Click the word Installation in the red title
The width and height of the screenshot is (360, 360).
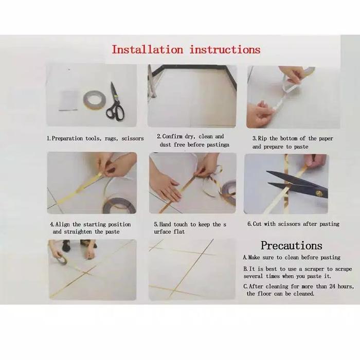[x=148, y=49]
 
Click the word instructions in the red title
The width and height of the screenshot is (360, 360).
[x=225, y=49]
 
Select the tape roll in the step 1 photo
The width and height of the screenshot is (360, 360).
[x=94, y=100]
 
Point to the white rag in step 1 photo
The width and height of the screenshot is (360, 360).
[x=68, y=101]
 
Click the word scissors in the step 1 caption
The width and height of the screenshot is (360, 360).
[x=133, y=138]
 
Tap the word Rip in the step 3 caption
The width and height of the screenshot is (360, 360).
[x=262, y=138]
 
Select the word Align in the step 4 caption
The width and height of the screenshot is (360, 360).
[x=62, y=225]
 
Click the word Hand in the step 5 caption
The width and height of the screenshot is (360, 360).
[x=165, y=224]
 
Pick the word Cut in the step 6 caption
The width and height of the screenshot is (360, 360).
[x=257, y=224]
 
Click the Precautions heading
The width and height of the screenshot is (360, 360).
[x=292, y=245]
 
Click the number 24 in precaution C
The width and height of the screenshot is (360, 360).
[x=332, y=286]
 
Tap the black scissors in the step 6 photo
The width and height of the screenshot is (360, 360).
[x=298, y=184]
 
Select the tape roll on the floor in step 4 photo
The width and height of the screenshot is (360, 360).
[x=119, y=205]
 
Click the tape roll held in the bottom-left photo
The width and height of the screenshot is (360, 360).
[x=62, y=260]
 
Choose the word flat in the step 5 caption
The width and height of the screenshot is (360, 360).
[x=179, y=231]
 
